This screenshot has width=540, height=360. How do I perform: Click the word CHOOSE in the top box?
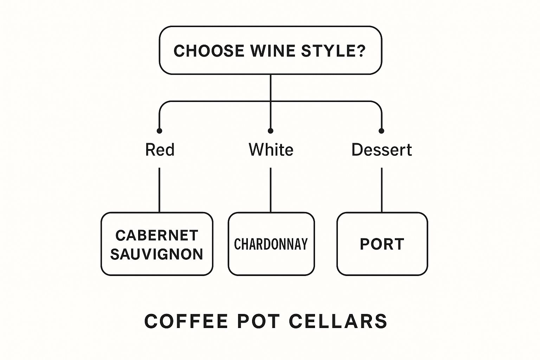point(209,51)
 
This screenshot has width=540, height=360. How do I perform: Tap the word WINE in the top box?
point(273,51)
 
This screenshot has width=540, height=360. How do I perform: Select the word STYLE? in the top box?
point(334,51)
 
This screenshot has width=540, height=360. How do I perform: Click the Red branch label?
point(160,150)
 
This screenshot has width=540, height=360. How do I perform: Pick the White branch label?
point(271,150)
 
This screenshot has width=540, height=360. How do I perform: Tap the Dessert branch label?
point(381,150)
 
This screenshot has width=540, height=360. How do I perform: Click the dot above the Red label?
point(159,131)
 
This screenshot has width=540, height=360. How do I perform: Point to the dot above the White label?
point(270,131)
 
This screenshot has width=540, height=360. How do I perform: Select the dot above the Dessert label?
point(381,131)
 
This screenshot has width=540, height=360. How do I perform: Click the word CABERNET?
point(157,236)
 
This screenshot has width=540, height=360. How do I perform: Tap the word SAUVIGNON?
point(157,254)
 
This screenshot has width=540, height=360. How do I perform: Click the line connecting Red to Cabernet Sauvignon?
point(159,190)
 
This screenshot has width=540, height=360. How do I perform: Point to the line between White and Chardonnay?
point(270,190)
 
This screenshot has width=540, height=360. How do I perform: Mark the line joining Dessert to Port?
point(381,190)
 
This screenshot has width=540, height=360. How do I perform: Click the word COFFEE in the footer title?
point(186,321)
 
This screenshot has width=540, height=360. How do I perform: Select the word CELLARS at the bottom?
point(338,321)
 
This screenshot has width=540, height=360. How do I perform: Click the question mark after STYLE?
point(361,51)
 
